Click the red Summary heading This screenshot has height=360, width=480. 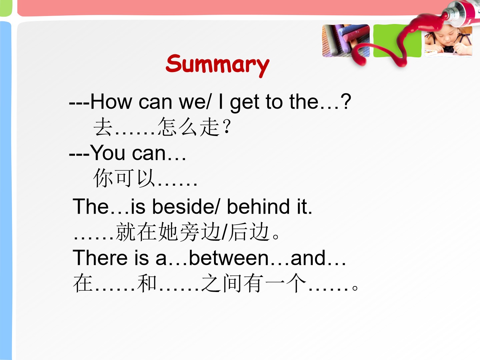[x=218, y=65]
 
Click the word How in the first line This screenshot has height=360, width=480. [x=111, y=102]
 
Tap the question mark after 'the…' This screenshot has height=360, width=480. [x=346, y=101]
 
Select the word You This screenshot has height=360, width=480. [x=107, y=153]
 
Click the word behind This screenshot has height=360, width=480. [x=258, y=207]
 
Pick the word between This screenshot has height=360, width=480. [x=229, y=258]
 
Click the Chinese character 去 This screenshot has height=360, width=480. [x=103, y=127]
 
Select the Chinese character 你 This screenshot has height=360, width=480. [x=103, y=178]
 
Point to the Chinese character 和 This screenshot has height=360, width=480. [x=147, y=283]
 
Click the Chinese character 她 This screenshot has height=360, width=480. [x=168, y=232]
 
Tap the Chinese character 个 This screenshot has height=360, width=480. [x=296, y=283]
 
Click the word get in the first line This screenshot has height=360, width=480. [x=245, y=103]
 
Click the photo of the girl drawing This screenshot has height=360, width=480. [x=448, y=41]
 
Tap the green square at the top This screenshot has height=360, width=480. [x=397, y=41]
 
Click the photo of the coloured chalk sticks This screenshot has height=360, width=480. [x=346, y=41]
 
